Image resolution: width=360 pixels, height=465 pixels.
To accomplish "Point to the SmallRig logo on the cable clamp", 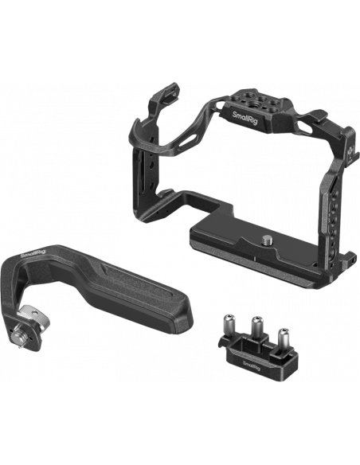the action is click(252, 365).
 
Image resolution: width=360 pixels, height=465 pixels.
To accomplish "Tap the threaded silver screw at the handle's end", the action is click(18, 338).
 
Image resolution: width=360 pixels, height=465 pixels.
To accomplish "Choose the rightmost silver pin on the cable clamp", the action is click(284, 337).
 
